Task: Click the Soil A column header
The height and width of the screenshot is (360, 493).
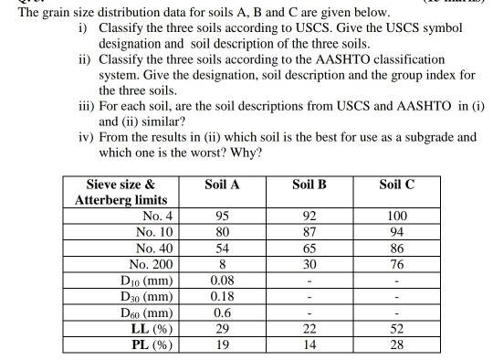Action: point(223,185)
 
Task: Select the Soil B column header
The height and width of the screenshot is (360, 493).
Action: point(309,185)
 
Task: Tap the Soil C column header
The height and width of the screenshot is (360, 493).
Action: point(397,185)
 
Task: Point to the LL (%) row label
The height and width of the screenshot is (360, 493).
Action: point(152,328)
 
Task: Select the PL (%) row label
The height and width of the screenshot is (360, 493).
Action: point(152,344)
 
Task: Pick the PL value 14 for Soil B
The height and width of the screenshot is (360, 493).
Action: point(309,344)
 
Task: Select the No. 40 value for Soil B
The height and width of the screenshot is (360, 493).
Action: point(309,248)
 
